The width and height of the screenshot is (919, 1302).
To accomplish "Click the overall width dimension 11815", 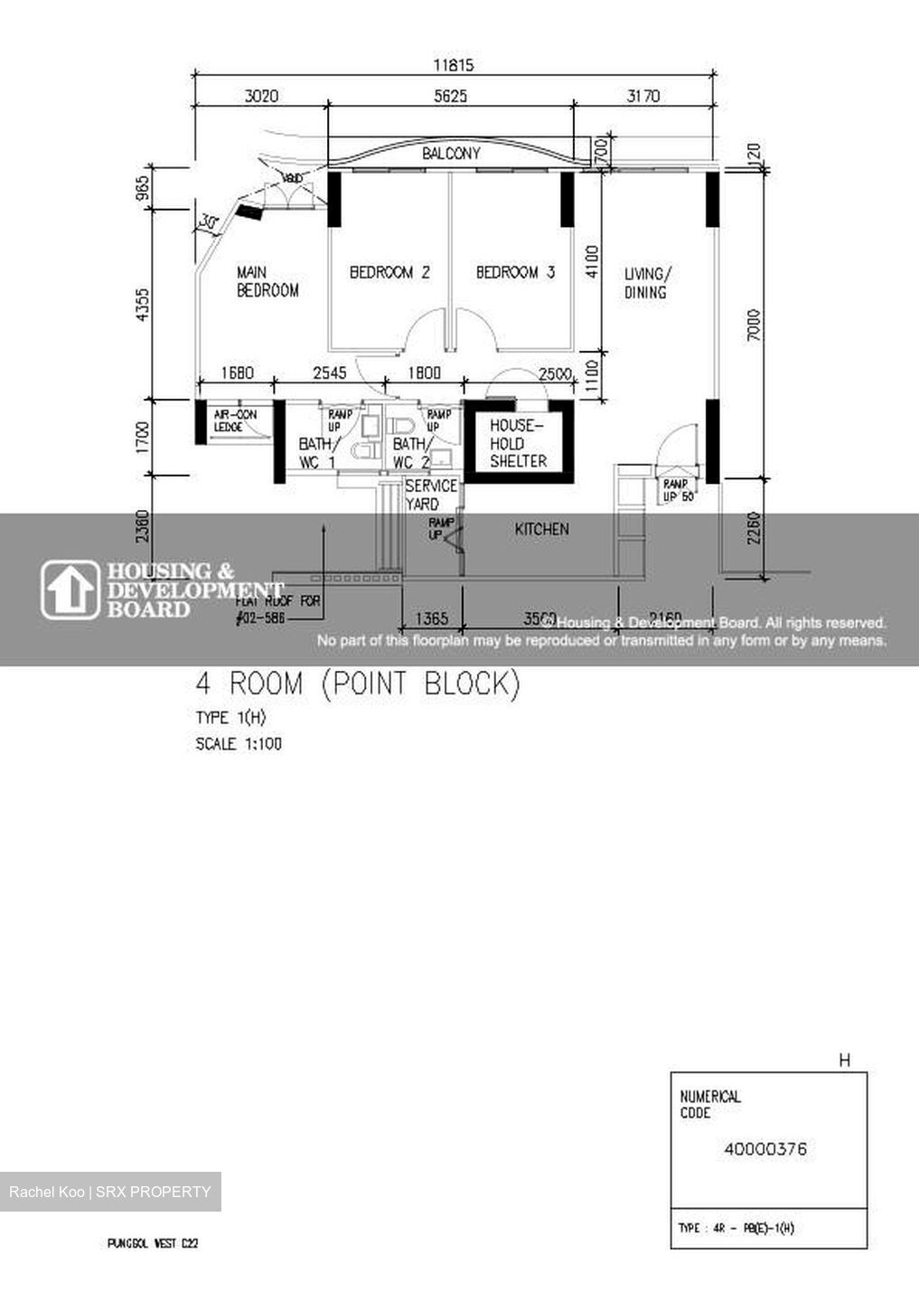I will coord(453,65).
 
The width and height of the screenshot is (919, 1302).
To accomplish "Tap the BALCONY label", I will coord(451,154).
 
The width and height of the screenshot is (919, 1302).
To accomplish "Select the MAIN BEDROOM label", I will coord(267,281).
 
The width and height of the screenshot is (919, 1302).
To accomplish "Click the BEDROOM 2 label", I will coord(389,272).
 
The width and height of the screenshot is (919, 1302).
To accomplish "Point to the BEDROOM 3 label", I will coord(515,272).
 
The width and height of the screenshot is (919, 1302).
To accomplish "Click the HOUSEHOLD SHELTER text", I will coord(518,443).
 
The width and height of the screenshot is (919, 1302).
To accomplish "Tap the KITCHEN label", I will coord(541,529).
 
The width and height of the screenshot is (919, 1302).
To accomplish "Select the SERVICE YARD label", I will coord(430,495).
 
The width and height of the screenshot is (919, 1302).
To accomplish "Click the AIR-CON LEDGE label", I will coord(235,420).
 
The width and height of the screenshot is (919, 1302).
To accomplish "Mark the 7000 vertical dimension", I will coord(755,325).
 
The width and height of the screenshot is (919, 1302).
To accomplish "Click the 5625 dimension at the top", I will coord(450,96).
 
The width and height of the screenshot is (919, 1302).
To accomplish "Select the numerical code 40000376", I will coord(765,1149).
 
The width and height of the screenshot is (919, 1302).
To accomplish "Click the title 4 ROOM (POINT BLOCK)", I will coord(358,684).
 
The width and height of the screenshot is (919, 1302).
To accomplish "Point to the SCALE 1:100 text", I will coord(239,744).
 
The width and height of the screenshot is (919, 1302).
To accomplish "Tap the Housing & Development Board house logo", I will coord(70,590).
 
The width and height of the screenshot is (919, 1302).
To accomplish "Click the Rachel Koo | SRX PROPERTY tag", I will coord(110,1192).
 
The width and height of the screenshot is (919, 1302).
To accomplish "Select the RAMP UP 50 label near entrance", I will coord(677,490).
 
